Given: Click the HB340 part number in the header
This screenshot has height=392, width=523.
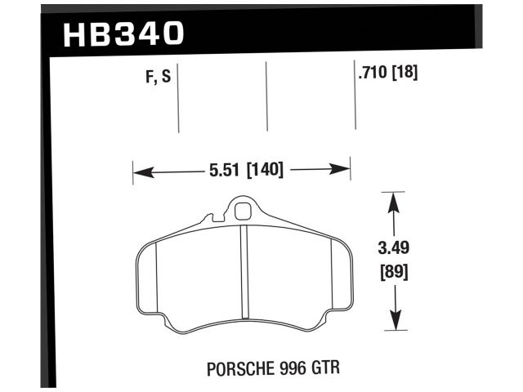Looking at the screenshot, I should [123, 34].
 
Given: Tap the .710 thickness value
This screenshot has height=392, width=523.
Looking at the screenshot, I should [372, 73].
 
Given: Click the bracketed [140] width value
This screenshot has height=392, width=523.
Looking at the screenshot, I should [261, 171].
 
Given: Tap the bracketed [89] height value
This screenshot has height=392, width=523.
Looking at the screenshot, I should [395, 270].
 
